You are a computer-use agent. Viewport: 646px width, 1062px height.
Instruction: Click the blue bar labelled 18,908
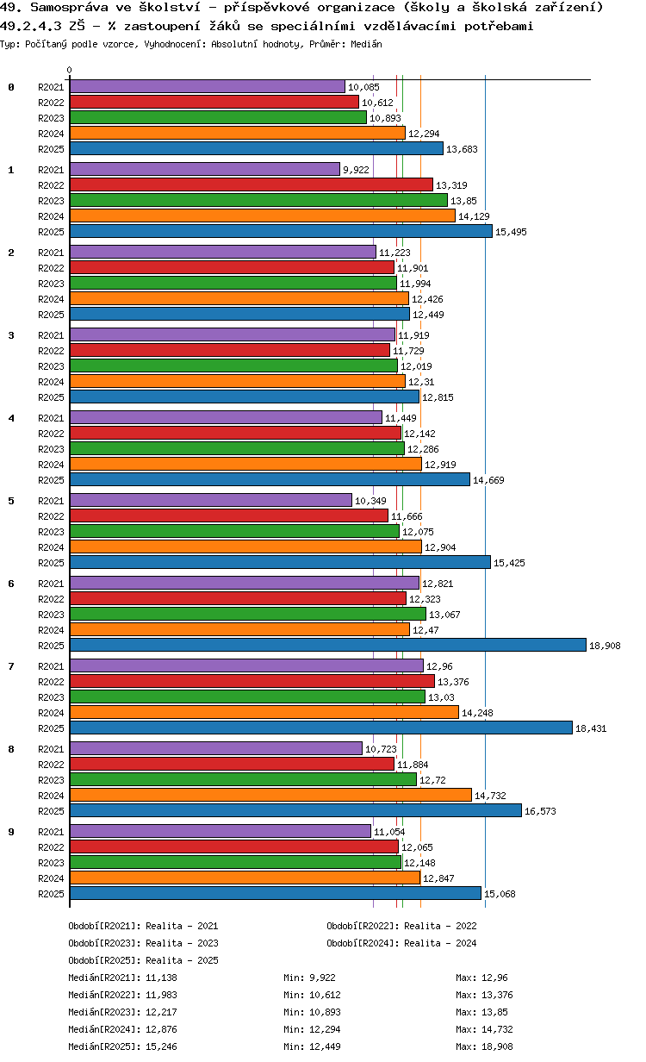pyautogui.click(x=327, y=646)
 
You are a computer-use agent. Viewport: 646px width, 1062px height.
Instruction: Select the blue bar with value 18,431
pyautogui.click(x=320, y=728)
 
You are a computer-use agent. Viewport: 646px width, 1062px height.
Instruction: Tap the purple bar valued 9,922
pyautogui.click(x=205, y=170)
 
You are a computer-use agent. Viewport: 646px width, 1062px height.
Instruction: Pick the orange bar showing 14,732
pyautogui.click(x=270, y=795)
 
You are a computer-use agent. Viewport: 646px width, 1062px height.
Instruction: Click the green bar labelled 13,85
pyautogui.click(x=258, y=200)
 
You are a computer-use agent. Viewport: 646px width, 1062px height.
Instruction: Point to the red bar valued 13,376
pyautogui.click(x=252, y=682)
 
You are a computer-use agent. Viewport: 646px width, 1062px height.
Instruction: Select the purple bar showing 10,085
pyautogui.click(x=207, y=87)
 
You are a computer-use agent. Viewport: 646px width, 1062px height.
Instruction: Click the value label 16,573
pyautogui.click(x=542, y=811)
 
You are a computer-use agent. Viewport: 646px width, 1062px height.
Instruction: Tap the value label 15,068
pyautogui.click(x=500, y=894)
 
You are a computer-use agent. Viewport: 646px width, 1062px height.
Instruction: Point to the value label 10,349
pyautogui.click(x=371, y=501)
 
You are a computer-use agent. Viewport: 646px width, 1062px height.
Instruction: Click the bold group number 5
pyautogui.click(x=11, y=501)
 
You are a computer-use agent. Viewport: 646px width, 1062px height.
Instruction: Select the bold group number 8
pyautogui.click(x=11, y=749)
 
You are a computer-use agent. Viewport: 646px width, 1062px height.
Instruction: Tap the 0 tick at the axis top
pyautogui.click(x=70, y=71)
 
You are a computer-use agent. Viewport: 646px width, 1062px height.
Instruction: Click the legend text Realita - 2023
pyautogui.click(x=182, y=943)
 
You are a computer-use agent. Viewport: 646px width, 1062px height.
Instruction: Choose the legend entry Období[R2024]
pyautogui.click(x=363, y=943)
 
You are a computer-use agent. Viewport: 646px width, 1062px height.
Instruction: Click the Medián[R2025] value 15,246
pyautogui.click(x=159, y=1046)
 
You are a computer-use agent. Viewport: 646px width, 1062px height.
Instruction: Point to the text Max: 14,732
pyautogui.click(x=488, y=1029)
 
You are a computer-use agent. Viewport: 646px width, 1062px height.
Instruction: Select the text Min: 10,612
pyautogui.click(x=315, y=995)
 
